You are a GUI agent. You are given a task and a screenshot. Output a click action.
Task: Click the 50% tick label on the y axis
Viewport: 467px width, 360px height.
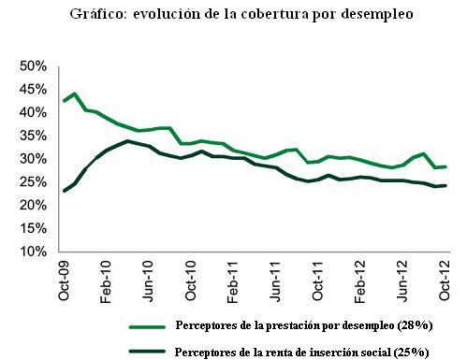pos(34,66)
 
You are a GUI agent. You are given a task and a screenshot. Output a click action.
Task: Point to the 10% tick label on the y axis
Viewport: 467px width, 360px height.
pos(34,252)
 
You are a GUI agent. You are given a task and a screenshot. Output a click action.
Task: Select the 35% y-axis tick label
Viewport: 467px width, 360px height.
pos(34,136)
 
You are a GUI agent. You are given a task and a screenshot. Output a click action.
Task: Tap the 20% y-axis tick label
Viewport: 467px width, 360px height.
pos(34,206)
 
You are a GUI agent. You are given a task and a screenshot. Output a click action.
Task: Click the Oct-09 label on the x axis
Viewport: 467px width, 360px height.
pos(63,279)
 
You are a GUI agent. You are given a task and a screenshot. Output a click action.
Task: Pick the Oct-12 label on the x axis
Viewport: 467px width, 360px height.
pos(445,279)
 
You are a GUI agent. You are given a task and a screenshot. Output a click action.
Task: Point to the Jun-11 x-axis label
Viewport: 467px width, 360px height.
pos(276,279)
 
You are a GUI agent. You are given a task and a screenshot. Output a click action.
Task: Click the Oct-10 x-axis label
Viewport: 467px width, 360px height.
pos(191,279)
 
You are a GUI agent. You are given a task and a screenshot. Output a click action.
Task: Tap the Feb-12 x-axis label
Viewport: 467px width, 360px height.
pos(360,279)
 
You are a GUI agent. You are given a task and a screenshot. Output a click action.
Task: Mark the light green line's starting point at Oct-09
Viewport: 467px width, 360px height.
pos(63,101)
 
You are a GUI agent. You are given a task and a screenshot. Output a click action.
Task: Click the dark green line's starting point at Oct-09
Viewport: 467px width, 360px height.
pos(63,191)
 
